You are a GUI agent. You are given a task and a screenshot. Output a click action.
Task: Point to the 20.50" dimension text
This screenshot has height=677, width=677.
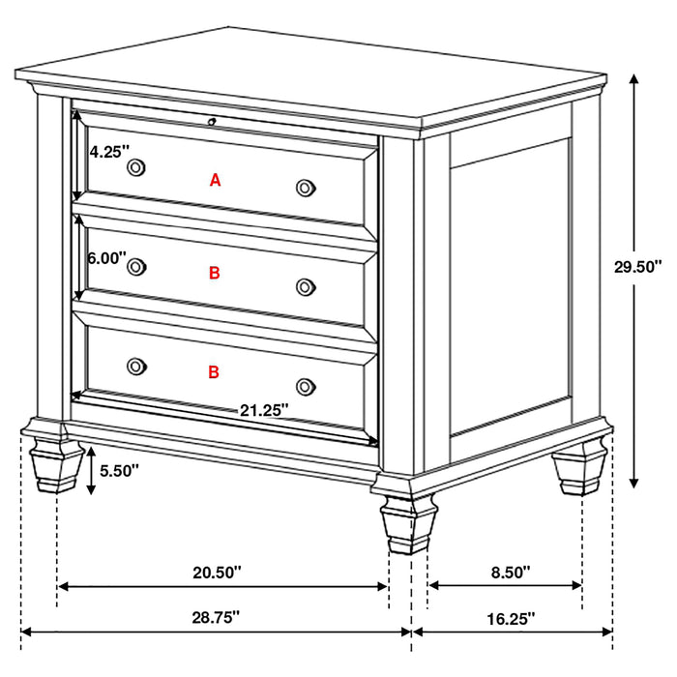coord(217,573)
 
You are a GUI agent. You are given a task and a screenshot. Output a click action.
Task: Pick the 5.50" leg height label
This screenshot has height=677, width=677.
coord(120,470)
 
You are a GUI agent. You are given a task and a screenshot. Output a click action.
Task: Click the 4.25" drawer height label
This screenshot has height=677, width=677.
coord(106,152)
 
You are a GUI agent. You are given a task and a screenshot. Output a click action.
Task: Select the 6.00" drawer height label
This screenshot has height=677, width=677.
coord(106,258)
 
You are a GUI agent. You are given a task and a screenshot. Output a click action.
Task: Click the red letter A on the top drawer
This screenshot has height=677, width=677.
coord(216,180)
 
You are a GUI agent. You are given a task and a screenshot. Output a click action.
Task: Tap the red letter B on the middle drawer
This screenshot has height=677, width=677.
coord(215,274)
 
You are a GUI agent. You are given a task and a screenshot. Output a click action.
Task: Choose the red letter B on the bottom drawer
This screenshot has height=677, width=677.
coord(214,371)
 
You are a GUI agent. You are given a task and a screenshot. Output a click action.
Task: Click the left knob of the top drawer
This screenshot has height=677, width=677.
coord(136,168)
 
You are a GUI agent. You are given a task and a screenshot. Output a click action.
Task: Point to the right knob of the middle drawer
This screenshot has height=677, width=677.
coord(306,285)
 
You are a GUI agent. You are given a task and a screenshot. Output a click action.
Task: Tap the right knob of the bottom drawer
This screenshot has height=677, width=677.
coord(306,385)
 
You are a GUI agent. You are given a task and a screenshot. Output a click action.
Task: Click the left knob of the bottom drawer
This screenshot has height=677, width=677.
coord(136,366)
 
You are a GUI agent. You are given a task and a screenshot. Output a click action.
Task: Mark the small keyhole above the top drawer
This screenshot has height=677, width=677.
coord(211,122)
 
